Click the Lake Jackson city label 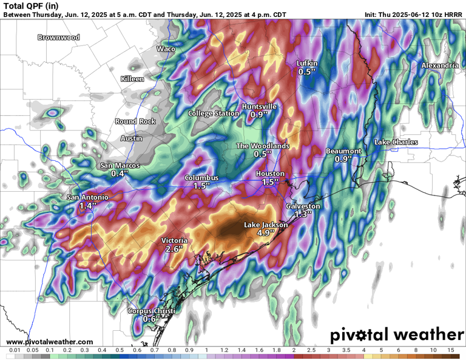coord(266,225)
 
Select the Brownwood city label coord(58,38)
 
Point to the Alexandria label coord(440,65)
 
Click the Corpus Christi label coord(151,311)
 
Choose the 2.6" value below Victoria coord(174,249)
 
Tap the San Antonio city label coord(87,197)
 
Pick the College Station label coord(214,114)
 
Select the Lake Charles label coord(396,142)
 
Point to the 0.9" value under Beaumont coord(343,159)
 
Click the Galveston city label coord(303,206)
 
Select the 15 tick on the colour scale coord(450,350)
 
